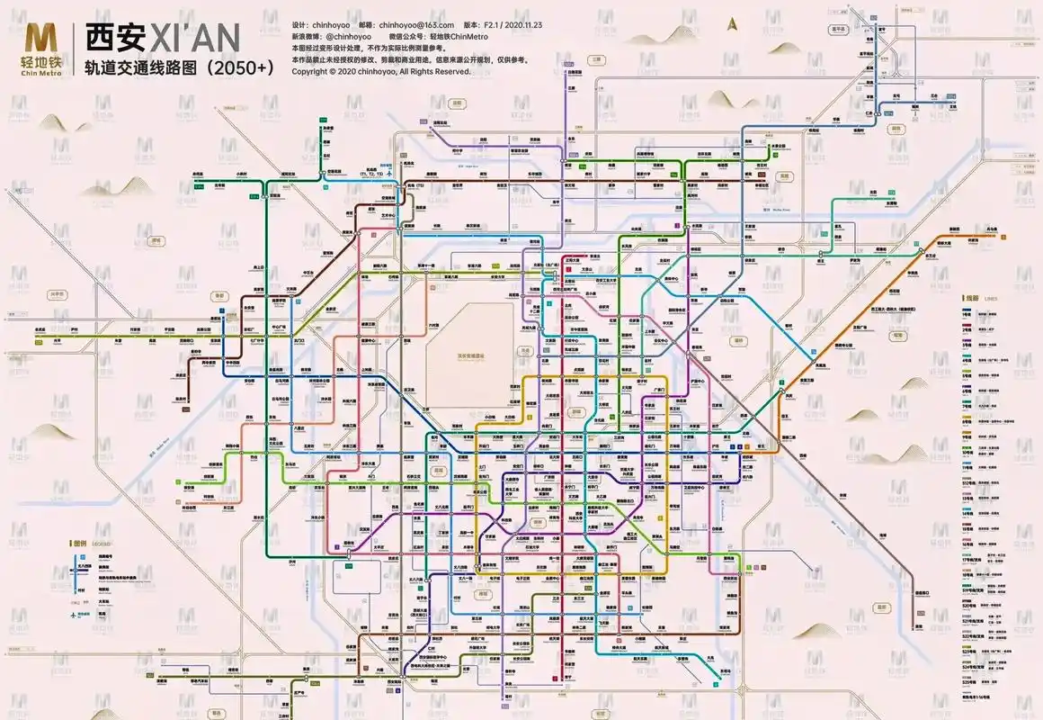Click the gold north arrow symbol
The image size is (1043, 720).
click(734, 23)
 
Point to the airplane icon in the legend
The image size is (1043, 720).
click(72, 615)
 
